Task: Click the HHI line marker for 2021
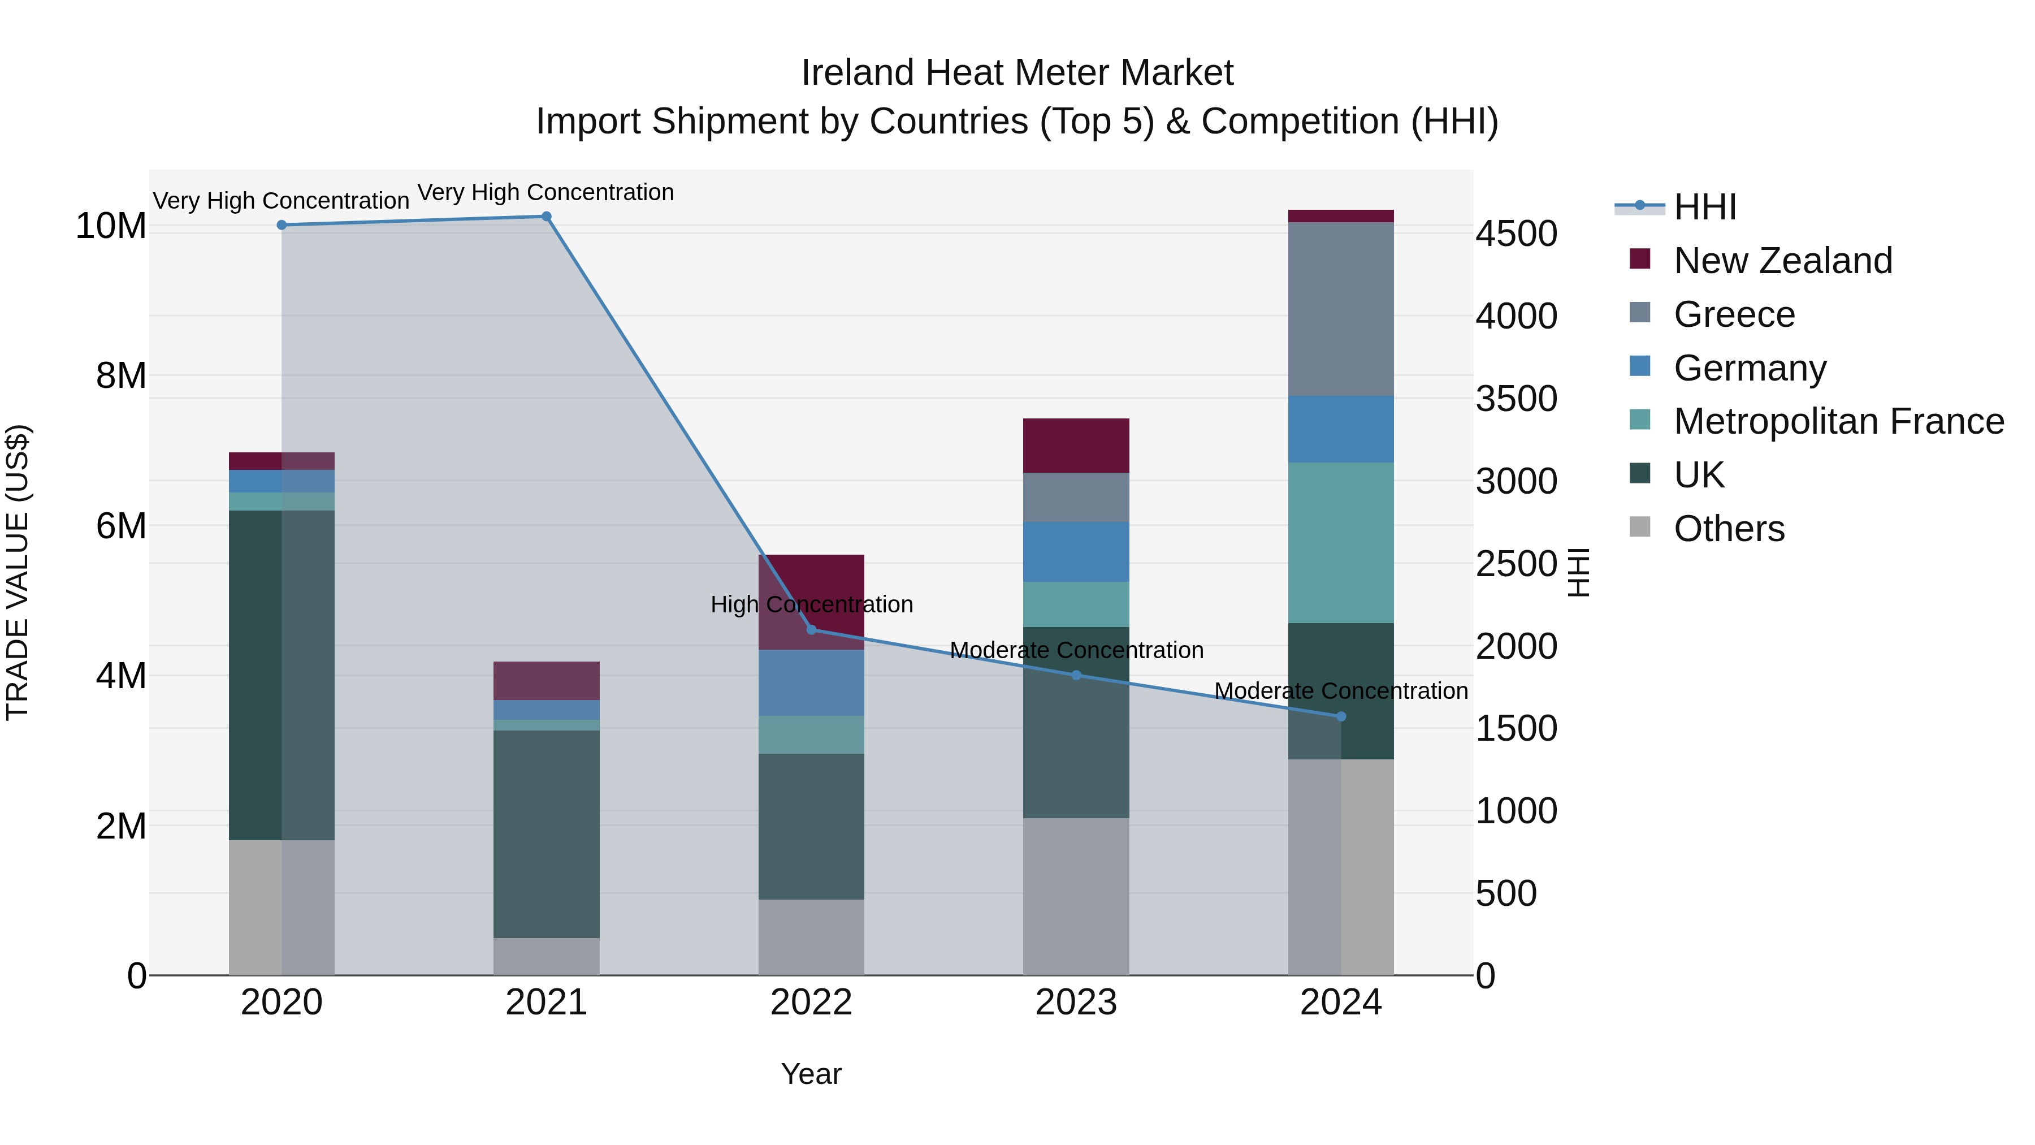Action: click(x=546, y=217)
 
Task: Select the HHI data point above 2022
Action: click(x=811, y=630)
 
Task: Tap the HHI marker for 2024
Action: click(x=1341, y=717)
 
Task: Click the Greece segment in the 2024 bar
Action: click(x=1341, y=309)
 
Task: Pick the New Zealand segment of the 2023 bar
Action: click(x=1076, y=446)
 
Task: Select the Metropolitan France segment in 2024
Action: click(x=1341, y=543)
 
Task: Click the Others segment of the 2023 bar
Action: click(x=1076, y=896)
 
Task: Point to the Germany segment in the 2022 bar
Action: click(x=811, y=682)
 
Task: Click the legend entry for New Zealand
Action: click(x=1782, y=261)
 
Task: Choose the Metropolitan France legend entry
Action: click(x=1838, y=421)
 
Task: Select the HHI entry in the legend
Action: click(x=1705, y=207)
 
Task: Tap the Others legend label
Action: click(x=1729, y=529)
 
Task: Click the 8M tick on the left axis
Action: click(x=121, y=375)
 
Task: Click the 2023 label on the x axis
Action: click(x=1076, y=1003)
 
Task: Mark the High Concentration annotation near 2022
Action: click(x=811, y=604)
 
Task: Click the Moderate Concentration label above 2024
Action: click(x=1341, y=690)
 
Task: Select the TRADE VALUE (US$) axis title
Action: click(x=18, y=572)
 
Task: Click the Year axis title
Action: click(x=811, y=1074)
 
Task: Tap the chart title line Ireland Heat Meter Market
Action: click(x=1017, y=73)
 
